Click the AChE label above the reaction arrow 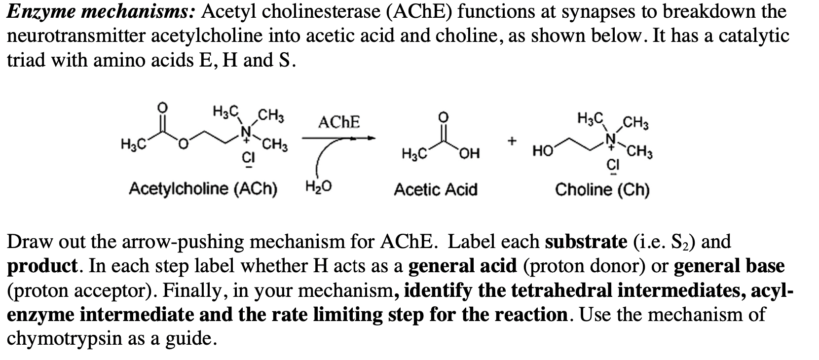[339, 122]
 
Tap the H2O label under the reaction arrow [319, 187]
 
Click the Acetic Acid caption [435, 189]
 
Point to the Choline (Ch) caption [602, 189]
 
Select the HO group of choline [542, 151]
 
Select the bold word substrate [586, 242]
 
